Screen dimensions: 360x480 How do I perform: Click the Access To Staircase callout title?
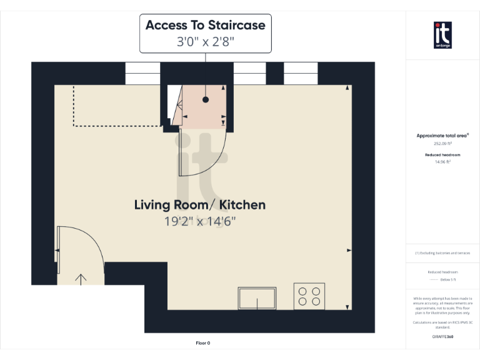(x=206, y=26)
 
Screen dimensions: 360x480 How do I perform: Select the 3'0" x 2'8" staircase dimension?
(x=206, y=42)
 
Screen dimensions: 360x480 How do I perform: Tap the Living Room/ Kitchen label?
(x=200, y=204)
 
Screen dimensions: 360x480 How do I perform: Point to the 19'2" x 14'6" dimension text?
(x=200, y=221)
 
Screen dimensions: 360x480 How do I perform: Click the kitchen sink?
(x=257, y=298)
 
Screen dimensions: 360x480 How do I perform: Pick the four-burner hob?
(x=309, y=296)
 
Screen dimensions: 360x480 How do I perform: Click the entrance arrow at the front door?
(x=81, y=278)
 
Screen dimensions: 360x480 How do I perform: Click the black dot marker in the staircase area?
(x=206, y=99)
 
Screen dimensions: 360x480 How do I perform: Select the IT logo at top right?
(x=442, y=35)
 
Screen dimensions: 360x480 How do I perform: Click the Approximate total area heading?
(x=442, y=136)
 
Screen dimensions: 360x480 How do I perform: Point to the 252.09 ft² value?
(x=442, y=143)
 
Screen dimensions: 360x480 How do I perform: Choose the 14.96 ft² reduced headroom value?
(x=442, y=162)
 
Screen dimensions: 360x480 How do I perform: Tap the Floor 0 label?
(x=203, y=342)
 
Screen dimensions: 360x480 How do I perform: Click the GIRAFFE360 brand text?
(x=442, y=337)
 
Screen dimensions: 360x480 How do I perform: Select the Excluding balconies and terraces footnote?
(x=442, y=253)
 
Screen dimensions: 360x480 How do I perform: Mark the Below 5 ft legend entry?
(x=442, y=279)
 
